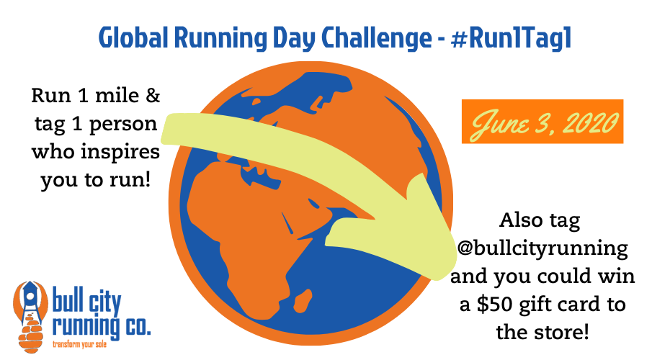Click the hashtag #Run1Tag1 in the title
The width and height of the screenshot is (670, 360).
pos(511,38)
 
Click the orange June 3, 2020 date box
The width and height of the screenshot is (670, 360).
pos(542,121)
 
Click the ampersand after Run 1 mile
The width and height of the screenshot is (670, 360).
pos(153,95)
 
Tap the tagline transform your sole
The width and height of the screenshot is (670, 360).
pos(79,344)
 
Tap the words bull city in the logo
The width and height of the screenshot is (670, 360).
pos(86,301)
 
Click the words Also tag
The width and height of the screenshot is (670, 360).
pos(540,221)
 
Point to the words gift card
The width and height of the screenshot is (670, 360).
pos(558,305)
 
